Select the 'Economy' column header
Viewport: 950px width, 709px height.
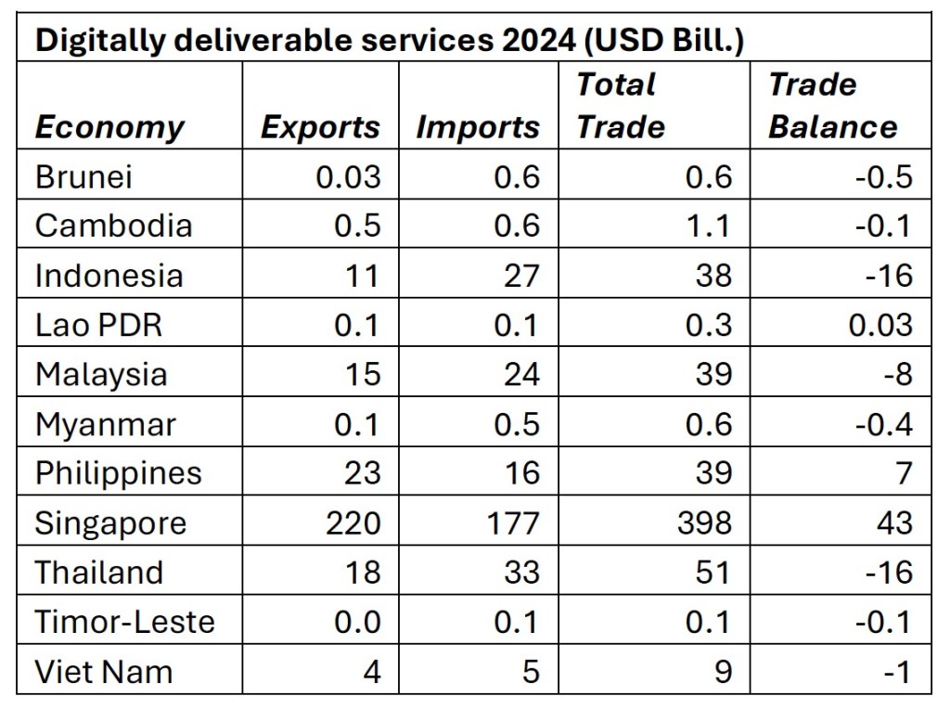(109, 127)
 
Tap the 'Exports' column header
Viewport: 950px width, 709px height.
(320, 127)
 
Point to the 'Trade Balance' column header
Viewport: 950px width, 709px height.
(832, 106)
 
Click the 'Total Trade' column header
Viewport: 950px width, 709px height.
(620, 106)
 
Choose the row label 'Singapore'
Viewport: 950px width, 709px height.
(110, 523)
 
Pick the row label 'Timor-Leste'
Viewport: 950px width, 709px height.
(124, 622)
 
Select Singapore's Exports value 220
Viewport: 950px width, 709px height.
(353, 523)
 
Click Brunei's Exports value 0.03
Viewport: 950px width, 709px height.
(348, 176)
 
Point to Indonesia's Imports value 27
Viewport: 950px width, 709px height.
(520, 276)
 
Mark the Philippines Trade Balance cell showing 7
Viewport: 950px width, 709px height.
(904, 473)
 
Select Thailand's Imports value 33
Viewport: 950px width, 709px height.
(520, 573)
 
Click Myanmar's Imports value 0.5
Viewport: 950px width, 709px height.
(518, 424)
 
